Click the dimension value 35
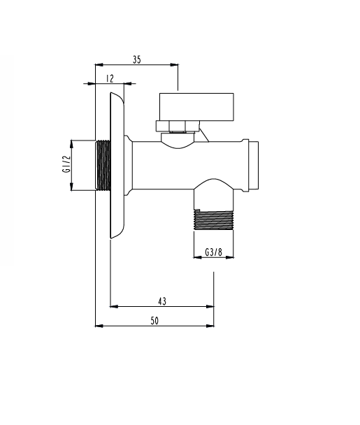(x=137, y=59)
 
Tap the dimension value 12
(x=110, y=78)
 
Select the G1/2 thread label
(x=66, y=164)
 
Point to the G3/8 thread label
(x=213, y=252)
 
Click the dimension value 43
(x=162, y=301)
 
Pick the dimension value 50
(x=154, y=321)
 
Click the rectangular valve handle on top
(x=196, y=107)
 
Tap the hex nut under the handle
(x=178, y=127)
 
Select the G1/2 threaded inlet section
(x=103, y=165)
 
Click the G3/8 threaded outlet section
(x=214, y=219)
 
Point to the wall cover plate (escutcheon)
(x=117, y=166)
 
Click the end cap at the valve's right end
(x=254, y=166)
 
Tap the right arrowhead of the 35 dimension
(x=174, y=64)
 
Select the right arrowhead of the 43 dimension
(x=210, y=307)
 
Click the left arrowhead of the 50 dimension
(x=99, y=326)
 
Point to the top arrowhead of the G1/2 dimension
(x=71, y=144)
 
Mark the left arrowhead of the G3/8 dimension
(x=198, y=257)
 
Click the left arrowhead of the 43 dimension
(x=114, y=307)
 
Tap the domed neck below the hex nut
(x=178, y=141)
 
